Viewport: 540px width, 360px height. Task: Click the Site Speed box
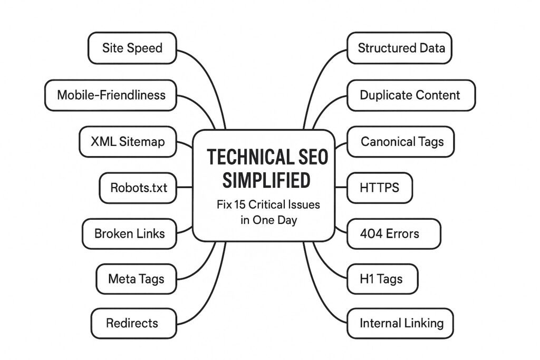pyautogui.click(x=131, y=48)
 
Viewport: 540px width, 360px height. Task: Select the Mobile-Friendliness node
pyautogui.click(x=111, y=95)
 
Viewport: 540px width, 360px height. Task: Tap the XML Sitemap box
pyautogui.click(x=127, y=141)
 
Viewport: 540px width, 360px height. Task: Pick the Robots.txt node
pyautogui.click(x=138, y=187)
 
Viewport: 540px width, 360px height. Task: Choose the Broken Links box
pyautogui.click(x=129, y=233)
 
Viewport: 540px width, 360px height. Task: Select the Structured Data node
pyautogui.click(x=401, y=48)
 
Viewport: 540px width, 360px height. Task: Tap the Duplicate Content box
pyautogui.click(x=411, y=95)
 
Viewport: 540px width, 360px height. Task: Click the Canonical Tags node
pyautogui.click(x=401, y=141)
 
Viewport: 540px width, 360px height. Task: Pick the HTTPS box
pyautogui.click(x=380, y=187)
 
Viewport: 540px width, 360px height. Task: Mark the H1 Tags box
pyautogui.click(x=382, y=278)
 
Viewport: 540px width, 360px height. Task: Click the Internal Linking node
pyautogui.click(x=401, y=323)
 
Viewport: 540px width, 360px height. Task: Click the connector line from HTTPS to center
pyautogui.click(x=341, y=187)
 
